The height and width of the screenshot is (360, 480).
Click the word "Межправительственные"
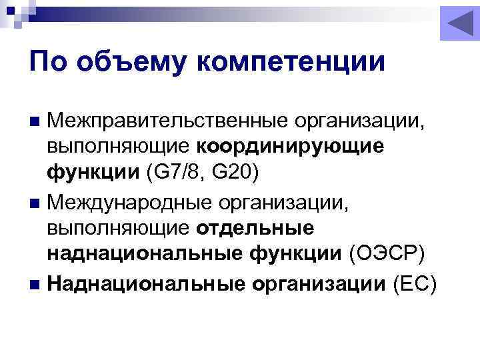pyautogui.click(x=160, y=121)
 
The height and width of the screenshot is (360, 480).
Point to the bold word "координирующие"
pyautogui.click(x=291, y=146)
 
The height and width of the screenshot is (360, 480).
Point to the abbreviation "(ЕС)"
pyautogui.click(x=415, y=284)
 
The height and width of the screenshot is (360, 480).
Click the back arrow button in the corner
pyautogui.click(x=459, y=25)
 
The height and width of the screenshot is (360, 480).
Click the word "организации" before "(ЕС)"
pyautogui.click(x=319, y=284)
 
